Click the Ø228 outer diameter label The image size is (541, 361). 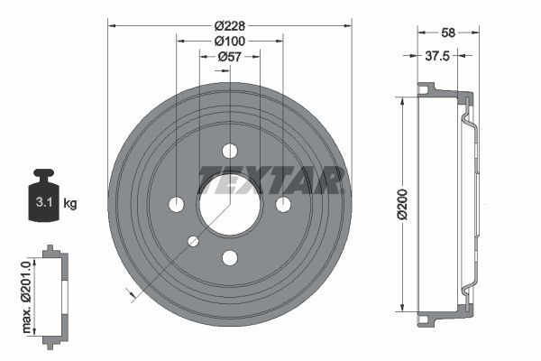229,25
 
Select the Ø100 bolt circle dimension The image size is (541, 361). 229,41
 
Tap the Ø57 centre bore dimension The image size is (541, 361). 229,56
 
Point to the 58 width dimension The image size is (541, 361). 445,32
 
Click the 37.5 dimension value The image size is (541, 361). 437,55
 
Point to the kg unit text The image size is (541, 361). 70,203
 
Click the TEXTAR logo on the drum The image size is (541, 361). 271,180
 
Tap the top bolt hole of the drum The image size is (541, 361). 229,151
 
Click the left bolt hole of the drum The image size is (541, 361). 176,204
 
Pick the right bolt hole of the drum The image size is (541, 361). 283,204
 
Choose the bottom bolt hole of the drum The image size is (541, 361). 229,258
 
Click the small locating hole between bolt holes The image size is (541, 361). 193,241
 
